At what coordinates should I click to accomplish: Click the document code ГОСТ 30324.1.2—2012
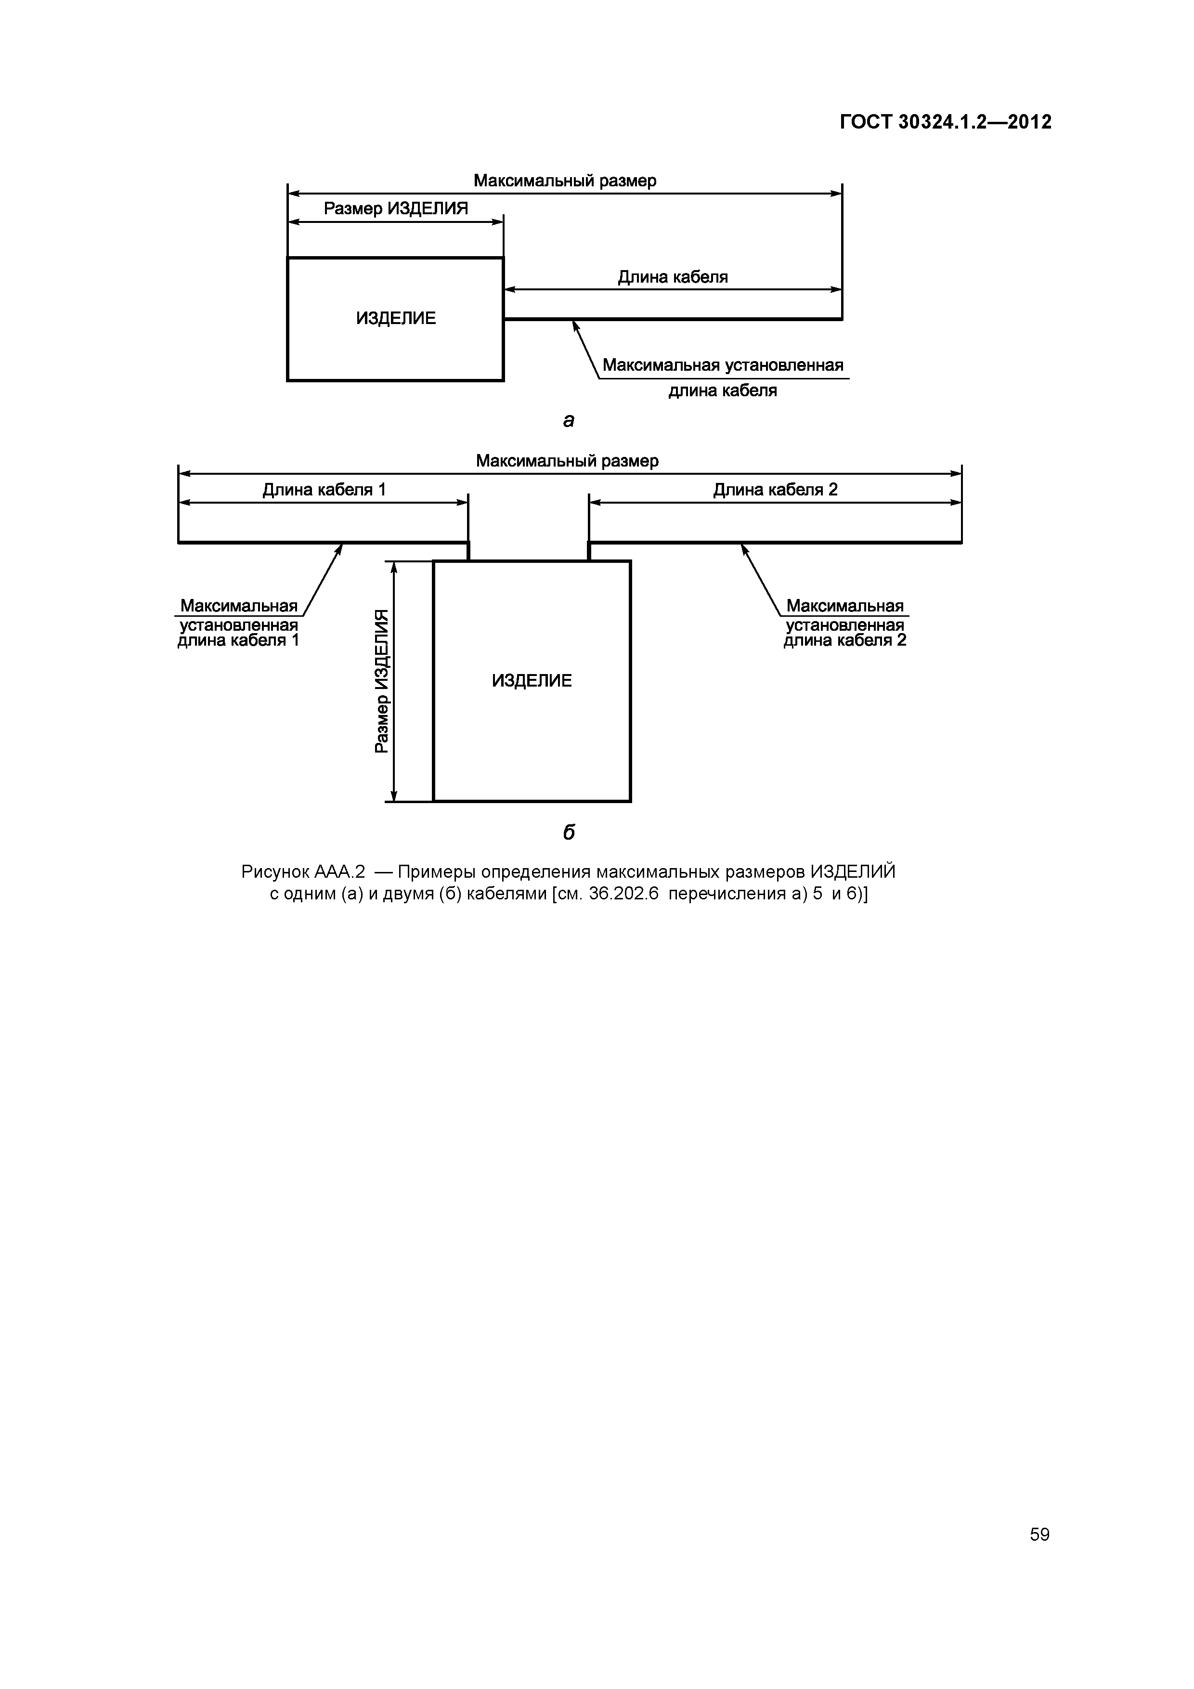tap(946, 121)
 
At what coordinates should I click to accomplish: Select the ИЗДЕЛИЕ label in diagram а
tap(396, 319)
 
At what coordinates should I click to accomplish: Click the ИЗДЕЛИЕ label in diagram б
tap(531, 680)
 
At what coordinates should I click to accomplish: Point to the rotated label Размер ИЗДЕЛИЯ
tap(381, 681)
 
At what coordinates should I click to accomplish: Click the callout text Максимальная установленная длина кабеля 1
tap(238, 623)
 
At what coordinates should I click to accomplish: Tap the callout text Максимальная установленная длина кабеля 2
tap(844, 623)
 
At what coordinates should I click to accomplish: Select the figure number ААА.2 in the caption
tap(339, 872)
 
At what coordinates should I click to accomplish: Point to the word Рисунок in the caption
tap(274, 872)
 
